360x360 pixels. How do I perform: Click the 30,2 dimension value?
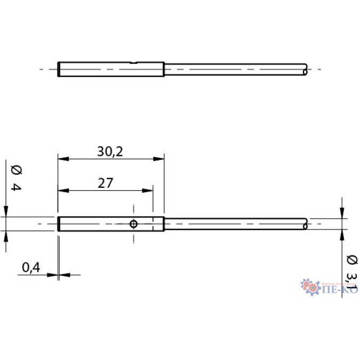pyautogui.click(x=110, y=151)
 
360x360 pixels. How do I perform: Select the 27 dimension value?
pyautogui.click(x=105, y=183)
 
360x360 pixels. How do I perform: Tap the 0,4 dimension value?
pyautogui.click(x=32, y=268)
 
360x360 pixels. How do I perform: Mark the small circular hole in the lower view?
pyautogui.click(x=133, y=224)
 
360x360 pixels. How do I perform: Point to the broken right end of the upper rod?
pyautogui.click(x=305, y=69)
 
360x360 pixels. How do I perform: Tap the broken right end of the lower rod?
pyautogui.click(x=305, y=224)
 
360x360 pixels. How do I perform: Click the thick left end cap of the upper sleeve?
pyautogui.click(x=58, y=69)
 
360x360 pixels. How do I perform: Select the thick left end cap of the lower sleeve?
pyautogui.click(x=58, y=224)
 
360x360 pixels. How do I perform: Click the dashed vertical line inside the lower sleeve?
pyautogui.click(x=153, y=224)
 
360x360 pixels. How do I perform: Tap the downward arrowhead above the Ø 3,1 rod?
pyautogui.click(x=342, y=213)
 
